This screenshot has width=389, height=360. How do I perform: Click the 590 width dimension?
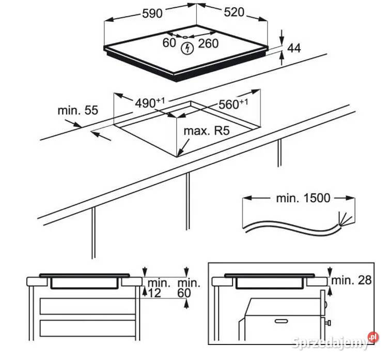pyautogui.click(x=152, y=13)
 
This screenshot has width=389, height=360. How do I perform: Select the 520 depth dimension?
pyautogui.click(x=234, y=12)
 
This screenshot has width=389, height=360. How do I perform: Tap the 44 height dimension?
pyautogui.click(x=294, y=49)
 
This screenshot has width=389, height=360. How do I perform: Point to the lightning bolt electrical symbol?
pyautogui.click(x=188, y=49)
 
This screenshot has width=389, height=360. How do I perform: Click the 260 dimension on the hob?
pyautogui.click(x=208, y=43)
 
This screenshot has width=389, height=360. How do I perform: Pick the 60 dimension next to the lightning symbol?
pyautogui.click(x=169, y=43)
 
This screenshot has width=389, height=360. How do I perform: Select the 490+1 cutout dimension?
pyautogui.click(x=150, y=102)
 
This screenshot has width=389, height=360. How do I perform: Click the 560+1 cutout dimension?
pyautogui.click(x=233, y=104)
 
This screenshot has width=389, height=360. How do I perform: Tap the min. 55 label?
pyautogui.click(x=78, y=110)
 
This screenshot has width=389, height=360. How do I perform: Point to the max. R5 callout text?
pyautogui.click(x=207, y=131)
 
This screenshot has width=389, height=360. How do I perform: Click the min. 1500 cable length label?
pyautogui.click(x=303, y=198)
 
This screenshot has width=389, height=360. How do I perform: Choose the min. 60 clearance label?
pyautogui.click(x=188, y=289)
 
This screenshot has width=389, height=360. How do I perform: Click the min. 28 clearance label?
pyautogui.click(x=351, y=280)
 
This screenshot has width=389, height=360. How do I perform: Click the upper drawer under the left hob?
pyautogui.click(x=88, y=307)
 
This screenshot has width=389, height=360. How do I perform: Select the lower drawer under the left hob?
pyautogui.click(x=88, y=328)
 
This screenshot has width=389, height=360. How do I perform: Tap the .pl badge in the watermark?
pyautogui.click(x=373, y=338)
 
